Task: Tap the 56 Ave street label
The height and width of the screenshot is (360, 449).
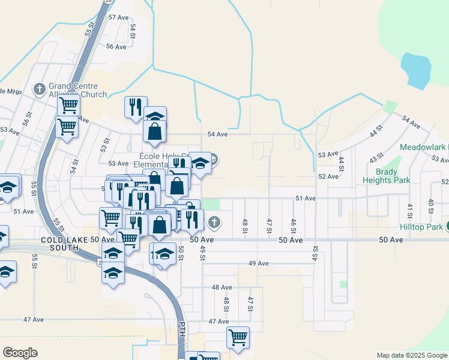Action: [x=116, y=46]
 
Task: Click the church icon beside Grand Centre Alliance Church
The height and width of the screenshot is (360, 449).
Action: [x=40, y=89]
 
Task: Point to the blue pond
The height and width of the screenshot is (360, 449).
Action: [x=415, y=71]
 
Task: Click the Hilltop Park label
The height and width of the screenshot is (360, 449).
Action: [x=423, y=227]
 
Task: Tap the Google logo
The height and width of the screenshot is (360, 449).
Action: [x=20, y=352]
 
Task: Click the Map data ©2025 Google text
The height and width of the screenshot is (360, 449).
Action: [x=412, y=355]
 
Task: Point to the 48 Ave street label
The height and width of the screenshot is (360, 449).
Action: [x=222, y=287]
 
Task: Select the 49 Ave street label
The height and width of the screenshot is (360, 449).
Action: [x=258, y=263]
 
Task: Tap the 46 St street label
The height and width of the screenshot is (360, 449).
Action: [x=293, y=226]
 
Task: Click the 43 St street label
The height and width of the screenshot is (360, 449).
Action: [x=376, y=158]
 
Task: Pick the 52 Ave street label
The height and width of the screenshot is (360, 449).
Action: [x=329, y=176]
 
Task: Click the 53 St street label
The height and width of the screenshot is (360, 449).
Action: [x=105, y=145]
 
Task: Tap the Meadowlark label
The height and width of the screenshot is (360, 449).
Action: [x=423, y=147]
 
